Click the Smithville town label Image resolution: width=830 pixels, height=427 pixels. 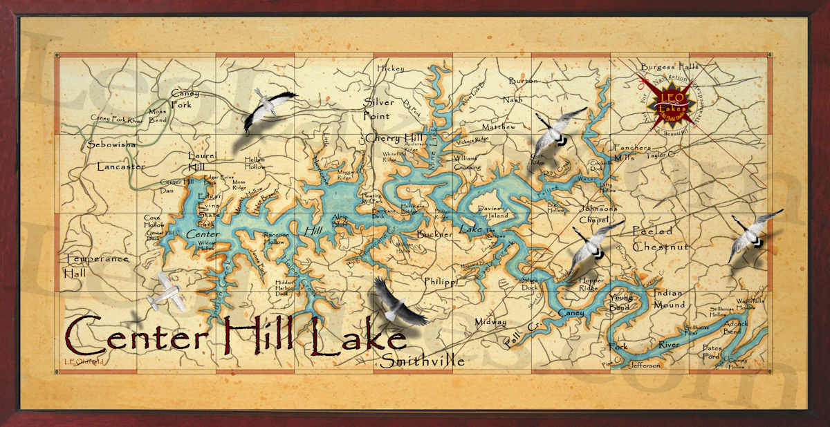(x=423, y=361)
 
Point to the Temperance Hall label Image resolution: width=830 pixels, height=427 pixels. (x=97, y=265)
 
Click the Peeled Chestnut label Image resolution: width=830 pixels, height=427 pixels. (x=661, y=239)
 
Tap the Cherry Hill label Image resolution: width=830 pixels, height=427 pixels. (x=393, y=138)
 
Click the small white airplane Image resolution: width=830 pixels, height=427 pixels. (x=164, y=292)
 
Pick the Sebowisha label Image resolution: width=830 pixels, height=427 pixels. (x=111, y=145)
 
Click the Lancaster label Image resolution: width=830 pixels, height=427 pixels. (x=121, y=167)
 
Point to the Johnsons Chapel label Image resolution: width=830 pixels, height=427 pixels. (x=598, y=214)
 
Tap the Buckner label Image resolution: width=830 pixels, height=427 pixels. (x=434, y=234)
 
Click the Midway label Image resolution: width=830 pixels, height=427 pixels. (x=490, y=322)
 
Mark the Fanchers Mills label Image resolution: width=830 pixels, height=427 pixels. (x=632, y=153)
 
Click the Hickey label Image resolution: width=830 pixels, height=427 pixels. (x=390, y=68)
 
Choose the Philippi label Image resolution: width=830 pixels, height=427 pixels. (x=441, y=282)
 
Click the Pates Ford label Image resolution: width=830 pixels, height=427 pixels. (x=712, y=352)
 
